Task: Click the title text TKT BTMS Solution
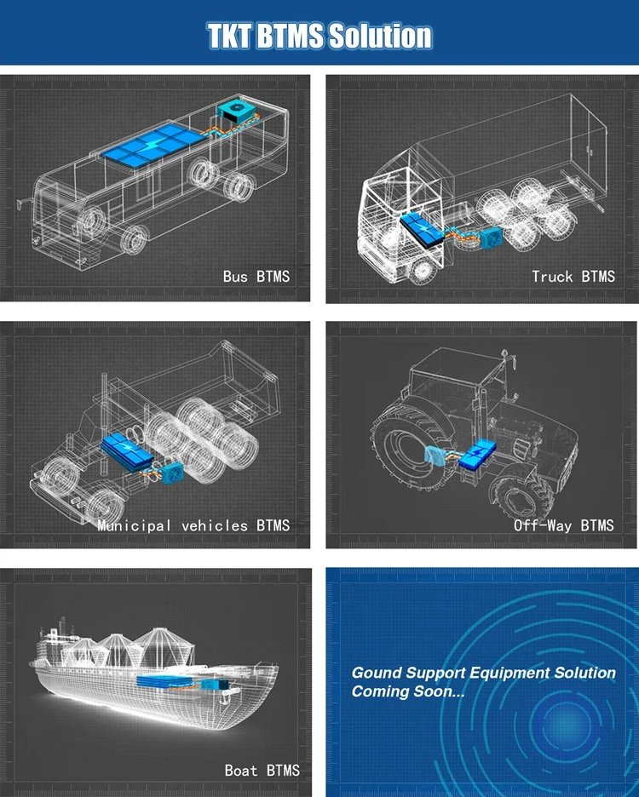tap(319, 36)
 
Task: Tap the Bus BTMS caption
tap(256, 276)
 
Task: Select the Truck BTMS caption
tap(573, 276)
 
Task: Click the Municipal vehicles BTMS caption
tap(193, 525)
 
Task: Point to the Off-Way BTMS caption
tap(563, 525)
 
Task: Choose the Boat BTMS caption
tap(262, 770)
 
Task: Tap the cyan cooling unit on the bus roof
tap(234, 111)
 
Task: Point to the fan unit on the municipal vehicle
tap(171, 473)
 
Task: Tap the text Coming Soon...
tap(407, 691)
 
